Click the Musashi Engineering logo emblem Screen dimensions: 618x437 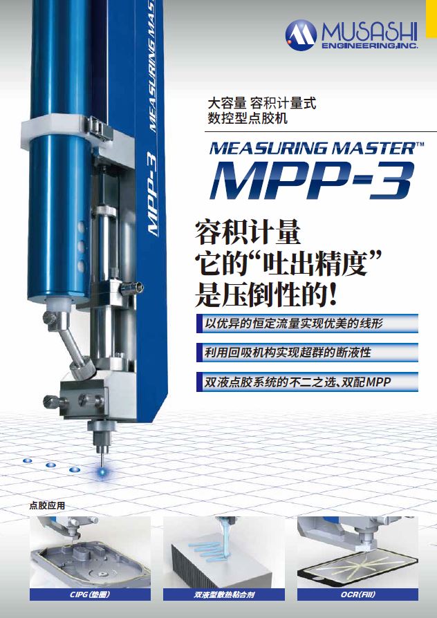coord(301,35)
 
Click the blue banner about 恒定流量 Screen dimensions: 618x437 coord(307,324)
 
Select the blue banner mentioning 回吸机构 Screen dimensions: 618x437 coord(307,353)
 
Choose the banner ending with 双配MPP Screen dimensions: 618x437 coord(307,382)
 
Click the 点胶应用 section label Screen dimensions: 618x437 coord(47,505)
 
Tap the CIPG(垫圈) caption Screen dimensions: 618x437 coord(90,594)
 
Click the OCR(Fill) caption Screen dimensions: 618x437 coord(357,594)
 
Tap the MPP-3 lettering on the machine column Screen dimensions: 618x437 coord(153,194)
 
